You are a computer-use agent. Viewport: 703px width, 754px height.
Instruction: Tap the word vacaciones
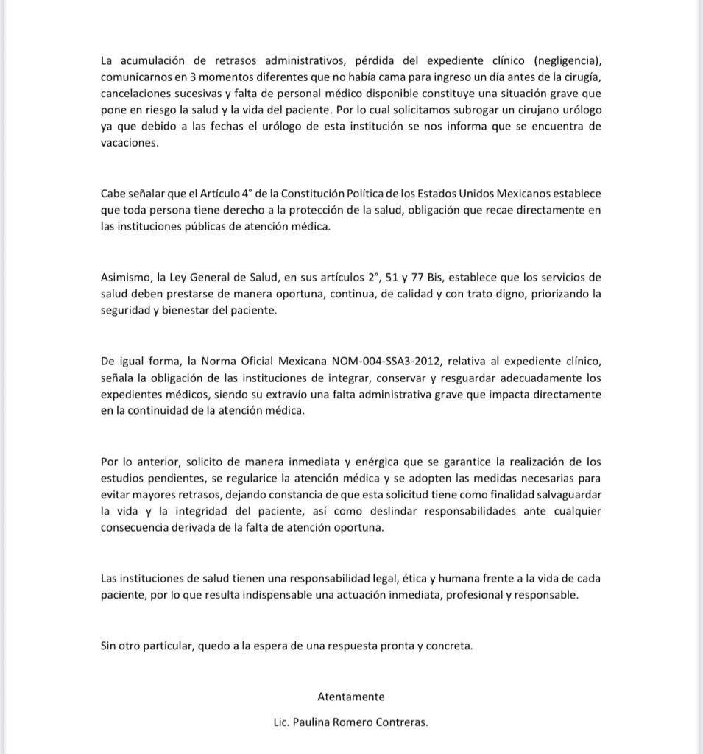click(130, 145)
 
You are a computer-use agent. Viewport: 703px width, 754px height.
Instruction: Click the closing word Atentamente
click(350, 696)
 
